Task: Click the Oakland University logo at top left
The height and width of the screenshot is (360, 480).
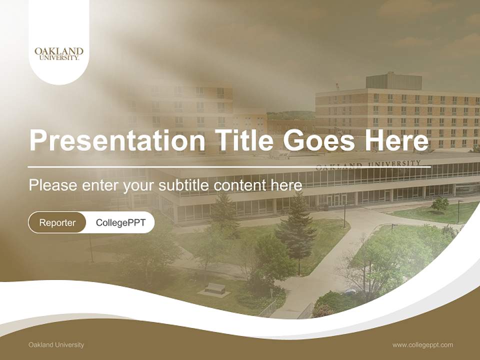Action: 59,53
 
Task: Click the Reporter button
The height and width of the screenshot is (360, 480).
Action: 57,222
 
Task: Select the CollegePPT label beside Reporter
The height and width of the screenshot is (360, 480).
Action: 120,222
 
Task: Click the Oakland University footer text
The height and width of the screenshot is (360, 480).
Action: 56,344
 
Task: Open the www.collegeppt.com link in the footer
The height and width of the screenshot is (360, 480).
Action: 422,344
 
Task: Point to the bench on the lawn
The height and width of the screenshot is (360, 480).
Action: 215,288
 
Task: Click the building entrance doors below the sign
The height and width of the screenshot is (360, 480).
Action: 337,200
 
